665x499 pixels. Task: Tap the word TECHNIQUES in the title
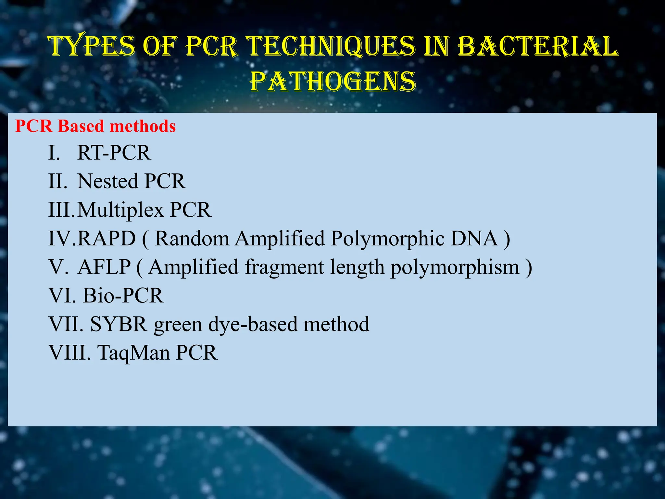click(x=331, y=46)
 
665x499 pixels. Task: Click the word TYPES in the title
click(x=92, y=46)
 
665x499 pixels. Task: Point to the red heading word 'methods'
click(x=143, y=126)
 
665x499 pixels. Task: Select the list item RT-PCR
click(x=114, y=152)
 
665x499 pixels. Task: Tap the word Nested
click(x=108, y=181)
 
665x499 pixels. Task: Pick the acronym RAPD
click(x=107, y=238)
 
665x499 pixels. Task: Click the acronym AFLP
click(x=104, y=267)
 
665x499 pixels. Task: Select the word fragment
click(x=284, y=267)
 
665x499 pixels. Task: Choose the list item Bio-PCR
click(x=123, y=296)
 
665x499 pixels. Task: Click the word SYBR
click(x=119, y=324)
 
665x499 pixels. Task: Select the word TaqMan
click(x=133, y=353)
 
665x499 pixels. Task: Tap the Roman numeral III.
click(x=61, y=210)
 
